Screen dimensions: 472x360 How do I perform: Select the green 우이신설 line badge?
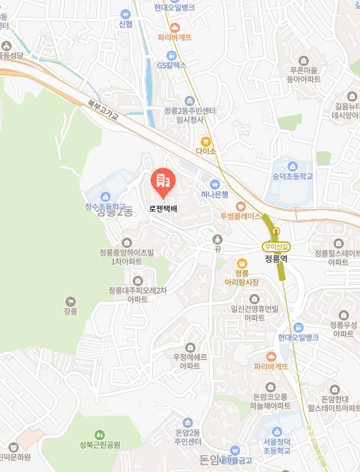276,246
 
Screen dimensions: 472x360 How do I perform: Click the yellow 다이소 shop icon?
206,140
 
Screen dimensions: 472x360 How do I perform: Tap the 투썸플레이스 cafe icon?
241,206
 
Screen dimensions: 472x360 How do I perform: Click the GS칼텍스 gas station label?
172,65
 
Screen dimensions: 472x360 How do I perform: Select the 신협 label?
126,24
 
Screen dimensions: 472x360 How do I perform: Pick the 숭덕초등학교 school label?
293,175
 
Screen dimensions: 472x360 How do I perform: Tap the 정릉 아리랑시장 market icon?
242,263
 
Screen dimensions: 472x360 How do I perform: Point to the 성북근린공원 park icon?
99,434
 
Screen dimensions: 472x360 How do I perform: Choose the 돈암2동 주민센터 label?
188,436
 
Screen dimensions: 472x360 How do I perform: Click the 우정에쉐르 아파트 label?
190,361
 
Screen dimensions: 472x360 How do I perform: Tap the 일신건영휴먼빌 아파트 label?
254,313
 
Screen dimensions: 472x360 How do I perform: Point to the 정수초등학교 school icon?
106,197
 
